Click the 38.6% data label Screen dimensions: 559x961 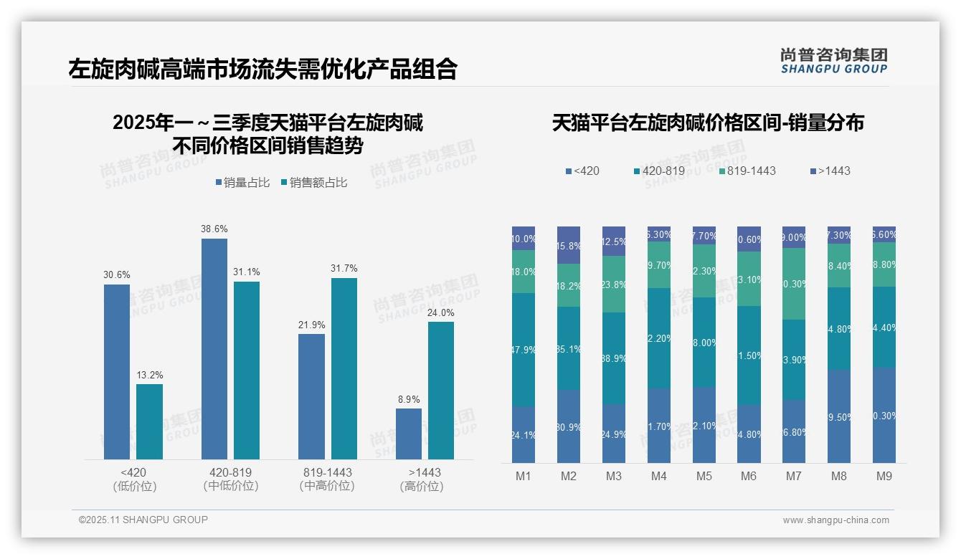coord(214,229)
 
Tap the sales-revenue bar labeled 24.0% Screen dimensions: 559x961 coord(441,390)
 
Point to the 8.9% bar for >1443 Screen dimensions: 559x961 coord(409,434)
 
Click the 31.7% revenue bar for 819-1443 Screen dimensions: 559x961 coord(344,368)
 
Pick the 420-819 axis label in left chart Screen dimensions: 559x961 coord(231,472)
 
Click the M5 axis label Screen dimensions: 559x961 coord(704,477)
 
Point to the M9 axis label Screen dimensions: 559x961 coord(884,477)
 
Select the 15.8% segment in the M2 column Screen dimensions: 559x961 coord(569,245)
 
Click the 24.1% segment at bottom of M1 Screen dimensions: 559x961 coord(524,434)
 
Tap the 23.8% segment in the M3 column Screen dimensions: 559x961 coord(614,284)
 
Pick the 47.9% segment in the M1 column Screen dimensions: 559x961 coord(524,350)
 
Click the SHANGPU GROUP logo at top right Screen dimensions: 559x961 coord(833,61)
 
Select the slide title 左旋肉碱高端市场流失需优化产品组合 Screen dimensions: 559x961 coord(262,70)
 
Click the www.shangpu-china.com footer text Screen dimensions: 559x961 coord(835,520)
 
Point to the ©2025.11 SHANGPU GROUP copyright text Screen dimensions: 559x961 coord(143,520)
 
